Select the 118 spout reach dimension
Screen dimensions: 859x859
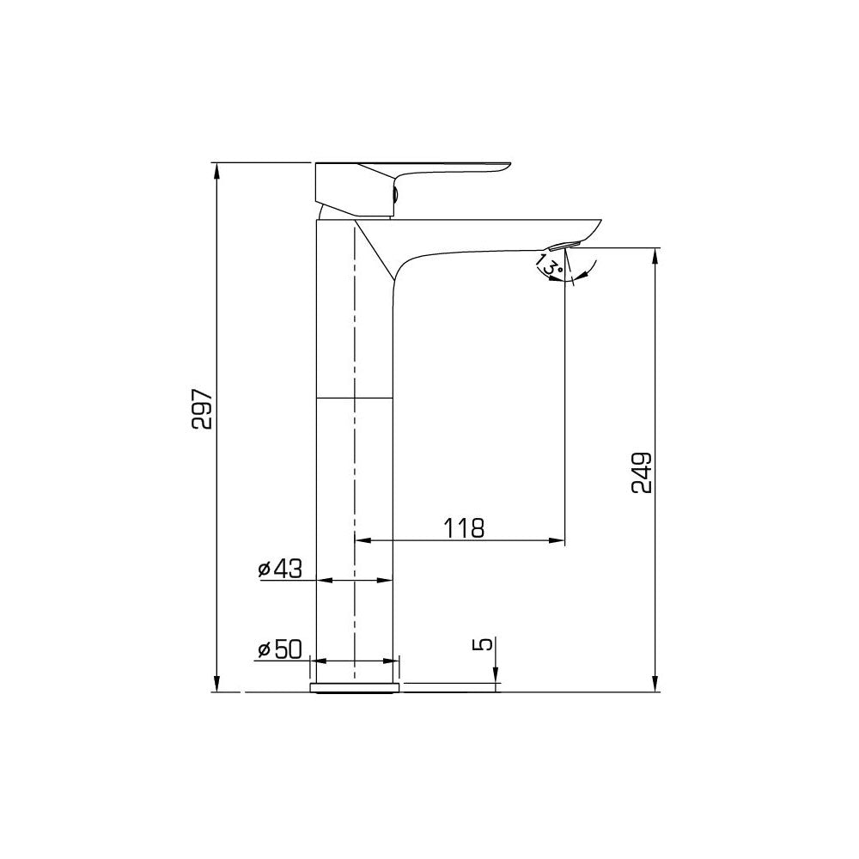click(x=464, y=527)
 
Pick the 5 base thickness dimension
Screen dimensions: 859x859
click(x=485, y=643)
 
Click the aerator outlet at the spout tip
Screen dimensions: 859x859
click(x=563, y=247)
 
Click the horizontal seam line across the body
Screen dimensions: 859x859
click(x=356, y=399)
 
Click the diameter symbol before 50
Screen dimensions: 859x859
click(x=264, y=650)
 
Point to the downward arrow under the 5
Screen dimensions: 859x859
click(x=496, y=679)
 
